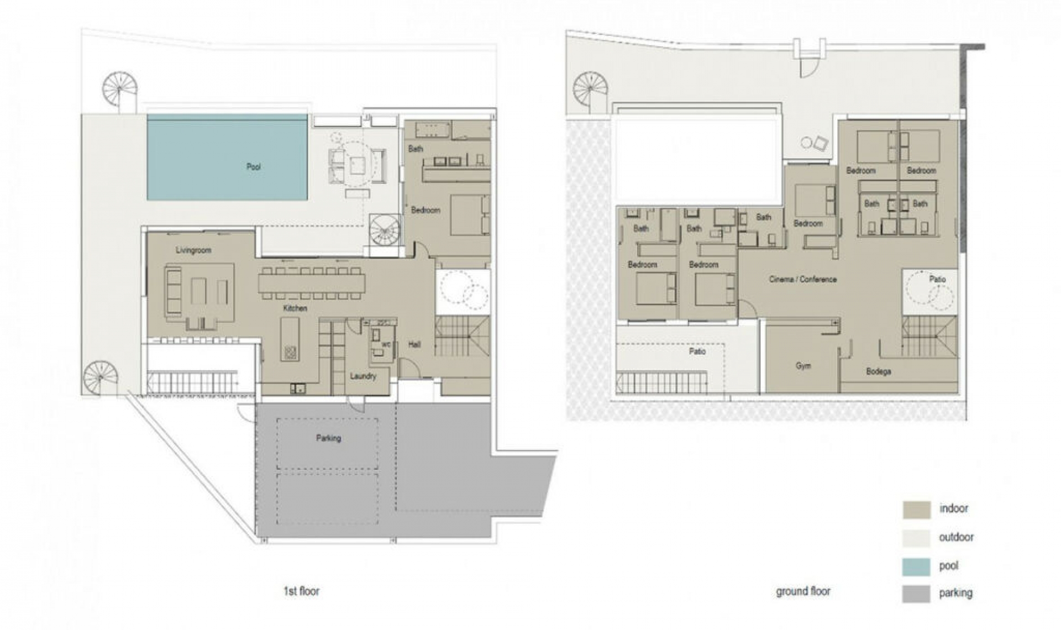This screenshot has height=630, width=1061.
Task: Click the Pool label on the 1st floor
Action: coord(254,166)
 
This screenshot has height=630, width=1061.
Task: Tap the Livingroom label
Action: coord(193,250)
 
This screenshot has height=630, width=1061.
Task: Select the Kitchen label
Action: coord(295,308)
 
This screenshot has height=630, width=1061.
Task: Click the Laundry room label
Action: coord(363,376)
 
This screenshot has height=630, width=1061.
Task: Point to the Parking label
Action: coord(328,438)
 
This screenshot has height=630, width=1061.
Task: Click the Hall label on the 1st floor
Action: coord(414,344)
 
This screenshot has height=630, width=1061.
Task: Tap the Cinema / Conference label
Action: coord(802,280)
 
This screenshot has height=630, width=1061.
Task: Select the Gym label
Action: coord(803,366)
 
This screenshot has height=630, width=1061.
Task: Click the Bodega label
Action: coord(878,371)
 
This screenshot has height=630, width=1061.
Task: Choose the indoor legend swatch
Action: coord(916,510)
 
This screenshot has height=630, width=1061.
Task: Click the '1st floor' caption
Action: coord(301,591)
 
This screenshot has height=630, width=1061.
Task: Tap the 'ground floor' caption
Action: coord(803,591)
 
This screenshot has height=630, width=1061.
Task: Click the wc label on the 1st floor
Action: coord(386,345)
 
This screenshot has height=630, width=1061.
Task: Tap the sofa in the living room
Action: coord(173,291)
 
